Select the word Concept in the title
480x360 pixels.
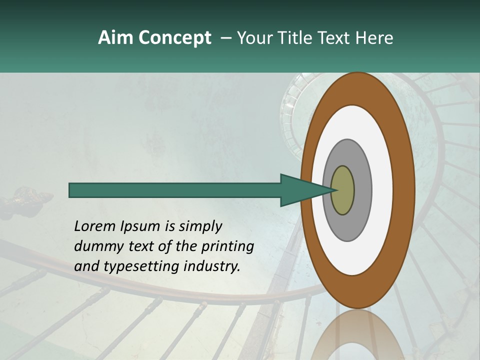[174, 38]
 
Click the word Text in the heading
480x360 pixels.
[335, 38]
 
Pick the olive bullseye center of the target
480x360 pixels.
[342, 190]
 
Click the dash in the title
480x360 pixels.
[226, 38]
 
